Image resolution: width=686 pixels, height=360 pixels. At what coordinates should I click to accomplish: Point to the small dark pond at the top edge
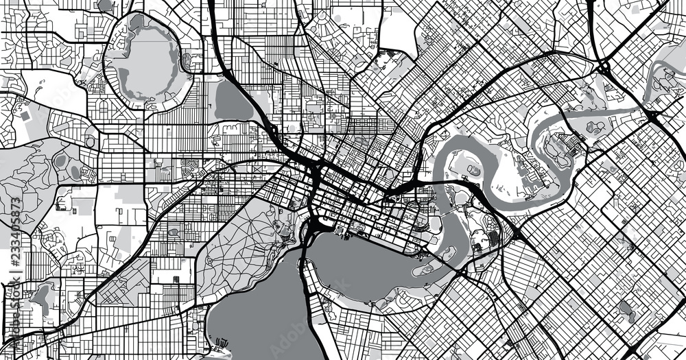[104, 5]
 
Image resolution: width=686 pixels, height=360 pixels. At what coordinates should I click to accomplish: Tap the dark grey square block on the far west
[25, 116]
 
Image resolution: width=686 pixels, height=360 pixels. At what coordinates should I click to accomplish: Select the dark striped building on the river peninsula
[493, 237]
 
